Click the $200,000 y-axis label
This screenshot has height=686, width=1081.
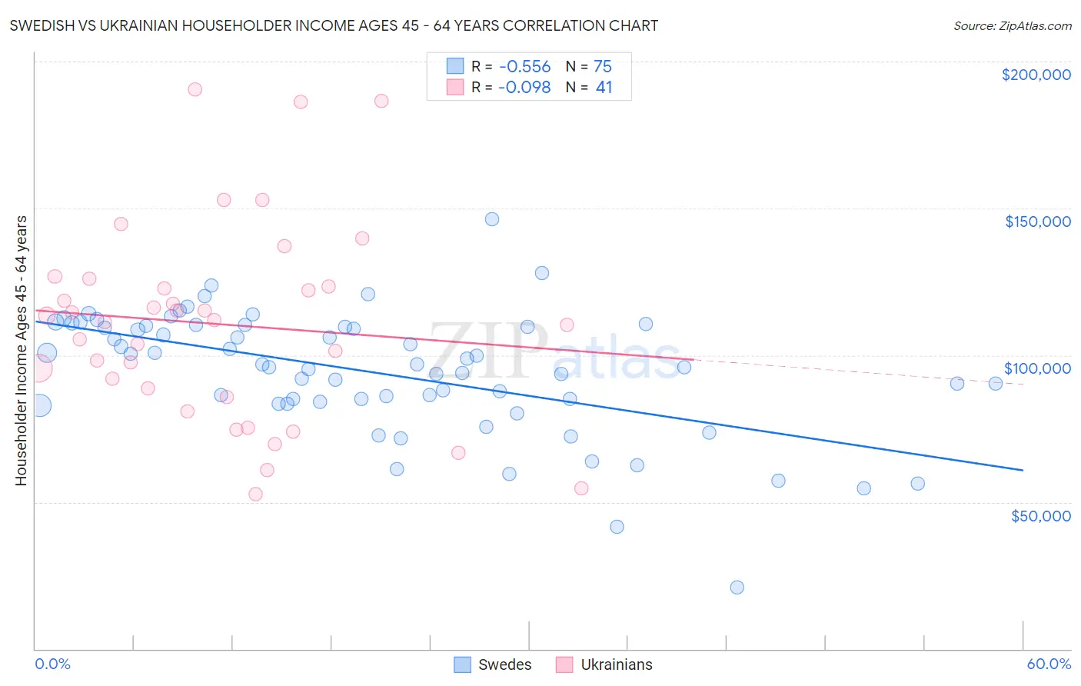tap(1036, 75)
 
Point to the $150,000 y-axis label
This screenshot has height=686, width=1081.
tap(1037, 221)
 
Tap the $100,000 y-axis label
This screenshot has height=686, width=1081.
tap(1037, 368)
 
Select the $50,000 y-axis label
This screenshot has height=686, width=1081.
tap(1040, 515)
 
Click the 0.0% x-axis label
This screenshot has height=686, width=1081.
tap(52, 664)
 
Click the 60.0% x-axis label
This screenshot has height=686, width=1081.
tap(1049, 664)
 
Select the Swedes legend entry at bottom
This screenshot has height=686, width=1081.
tap(493, 664)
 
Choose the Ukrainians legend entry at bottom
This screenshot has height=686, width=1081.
tap(604, 664)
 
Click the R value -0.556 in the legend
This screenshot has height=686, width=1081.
tap(524, 67)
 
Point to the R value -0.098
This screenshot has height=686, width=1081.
tap(524, 88)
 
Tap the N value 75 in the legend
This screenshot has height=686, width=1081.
tap(603, 67)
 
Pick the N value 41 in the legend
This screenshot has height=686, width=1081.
tap(604, 88)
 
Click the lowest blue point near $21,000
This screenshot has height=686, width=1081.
tap(737, 588)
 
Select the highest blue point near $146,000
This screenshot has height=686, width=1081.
tap(492, 219)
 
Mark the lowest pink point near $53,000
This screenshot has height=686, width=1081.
tap(255, 495)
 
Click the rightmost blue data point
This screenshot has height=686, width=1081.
tap(995, 384)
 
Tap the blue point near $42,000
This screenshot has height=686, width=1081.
tap(617, 527)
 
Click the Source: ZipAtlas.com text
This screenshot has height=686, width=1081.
tap(1012, 26)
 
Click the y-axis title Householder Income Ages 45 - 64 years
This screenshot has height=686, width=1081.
tap(22, 351)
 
